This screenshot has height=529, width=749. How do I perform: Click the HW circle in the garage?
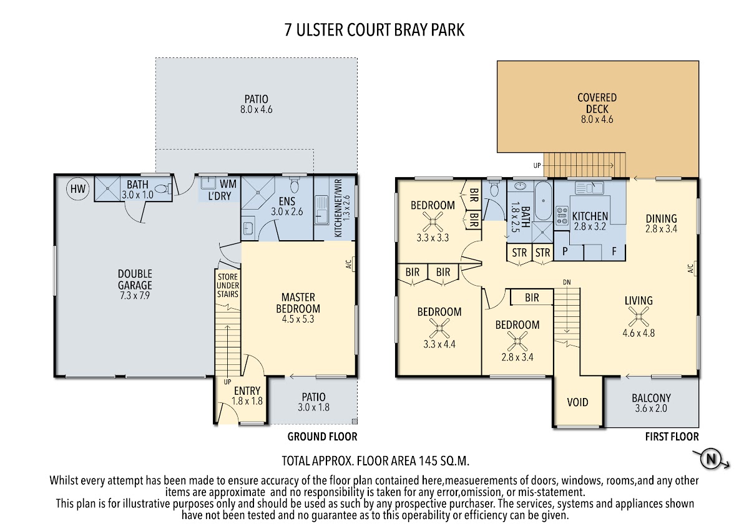click(x=77, y=189)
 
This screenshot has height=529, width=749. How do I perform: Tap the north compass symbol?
click(x=710, y=460)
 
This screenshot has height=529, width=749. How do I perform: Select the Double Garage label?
click(x=135, y=284)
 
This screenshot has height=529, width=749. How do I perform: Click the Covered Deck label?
click(x=597, y=109)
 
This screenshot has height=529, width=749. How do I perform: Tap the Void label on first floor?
click(x=577, y=402)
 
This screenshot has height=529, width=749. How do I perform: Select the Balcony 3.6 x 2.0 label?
click(x=651, y=403)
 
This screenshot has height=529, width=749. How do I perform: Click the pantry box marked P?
click(x=565, y=252)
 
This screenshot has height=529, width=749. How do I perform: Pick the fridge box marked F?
click(x=614, y=252)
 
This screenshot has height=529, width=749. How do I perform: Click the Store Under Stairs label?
click(x=227, y=285)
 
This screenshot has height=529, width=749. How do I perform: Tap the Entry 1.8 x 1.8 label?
click(x=247, y=397)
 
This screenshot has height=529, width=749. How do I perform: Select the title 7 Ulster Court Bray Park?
click(x=374, y=30)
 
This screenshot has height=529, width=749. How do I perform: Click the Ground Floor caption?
click(x=322, y=437)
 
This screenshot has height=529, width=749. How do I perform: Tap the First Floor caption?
click(x=672, y=437)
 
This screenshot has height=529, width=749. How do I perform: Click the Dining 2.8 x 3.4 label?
click(x=661, y=223)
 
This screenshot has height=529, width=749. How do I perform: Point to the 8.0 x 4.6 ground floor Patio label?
click(x=256, y=104)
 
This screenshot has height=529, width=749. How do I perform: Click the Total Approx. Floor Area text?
click(x=375, y=462)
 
